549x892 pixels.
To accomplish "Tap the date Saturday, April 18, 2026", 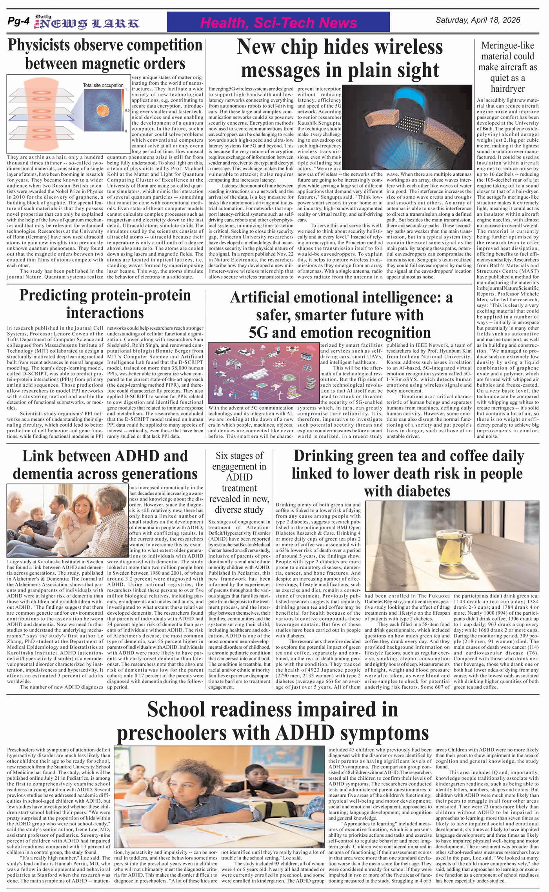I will (x=478, y=20).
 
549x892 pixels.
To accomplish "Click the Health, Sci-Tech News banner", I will (x=278, y=23).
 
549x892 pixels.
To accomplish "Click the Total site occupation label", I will (x=103, y=85).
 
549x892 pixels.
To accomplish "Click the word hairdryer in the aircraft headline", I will (x=507, y=89).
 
